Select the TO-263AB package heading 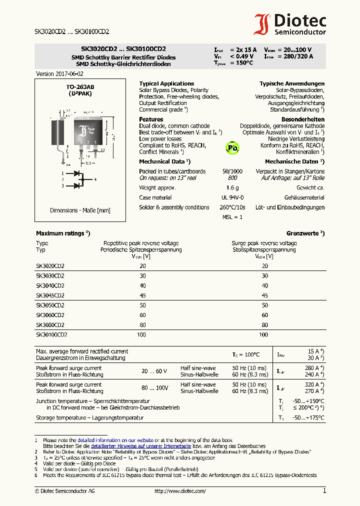pos(80,87)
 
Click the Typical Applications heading pos(166,83)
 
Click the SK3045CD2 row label pos(50,295)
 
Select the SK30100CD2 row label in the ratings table pos(51,334)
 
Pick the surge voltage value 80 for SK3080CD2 pos(265,324)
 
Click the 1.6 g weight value pos(232,187)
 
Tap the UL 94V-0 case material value pos(232,197)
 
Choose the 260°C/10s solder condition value pos(233,207)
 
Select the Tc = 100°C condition pos(245,354)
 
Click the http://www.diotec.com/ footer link pos(180,491)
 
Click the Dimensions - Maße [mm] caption pos(80,210)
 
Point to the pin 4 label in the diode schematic pos(95,179)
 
